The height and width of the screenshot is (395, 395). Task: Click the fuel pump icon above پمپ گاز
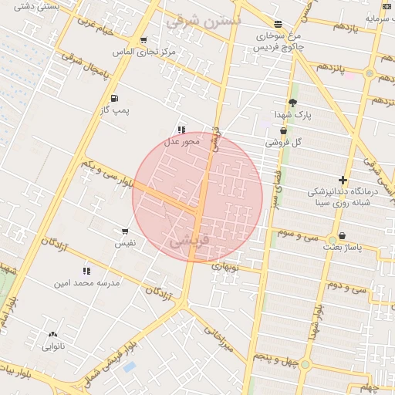pyautogui.click(x=115, y=98)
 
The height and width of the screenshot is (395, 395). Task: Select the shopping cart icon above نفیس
pyautogui.click(x=125, y=231)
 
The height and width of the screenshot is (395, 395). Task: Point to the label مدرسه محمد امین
pyautogui.click(x=86, y=283)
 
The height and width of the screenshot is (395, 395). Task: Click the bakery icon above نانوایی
pyautogui.click(x=52, y=335)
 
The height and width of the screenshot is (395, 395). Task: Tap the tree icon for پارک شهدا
pyautogui.click(x=292, y=103)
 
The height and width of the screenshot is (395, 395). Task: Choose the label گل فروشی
pyautogui.click(x=283, y=143)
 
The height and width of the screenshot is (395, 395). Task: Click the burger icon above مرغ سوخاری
pyautogui.click(x=278, y=24)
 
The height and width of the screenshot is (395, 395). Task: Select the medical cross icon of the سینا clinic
pyautogui.click(x=343, y=180)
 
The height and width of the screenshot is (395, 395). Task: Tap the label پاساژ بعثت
pyautogui.click(x=343, y=247)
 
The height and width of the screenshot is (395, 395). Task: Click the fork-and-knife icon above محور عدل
pyautogui.click(x=181, y=130)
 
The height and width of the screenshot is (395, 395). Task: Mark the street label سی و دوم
pyautogui.click(x=344, y=287)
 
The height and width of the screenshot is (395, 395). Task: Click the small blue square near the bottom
pyautogui.click(x=129, y=366)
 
